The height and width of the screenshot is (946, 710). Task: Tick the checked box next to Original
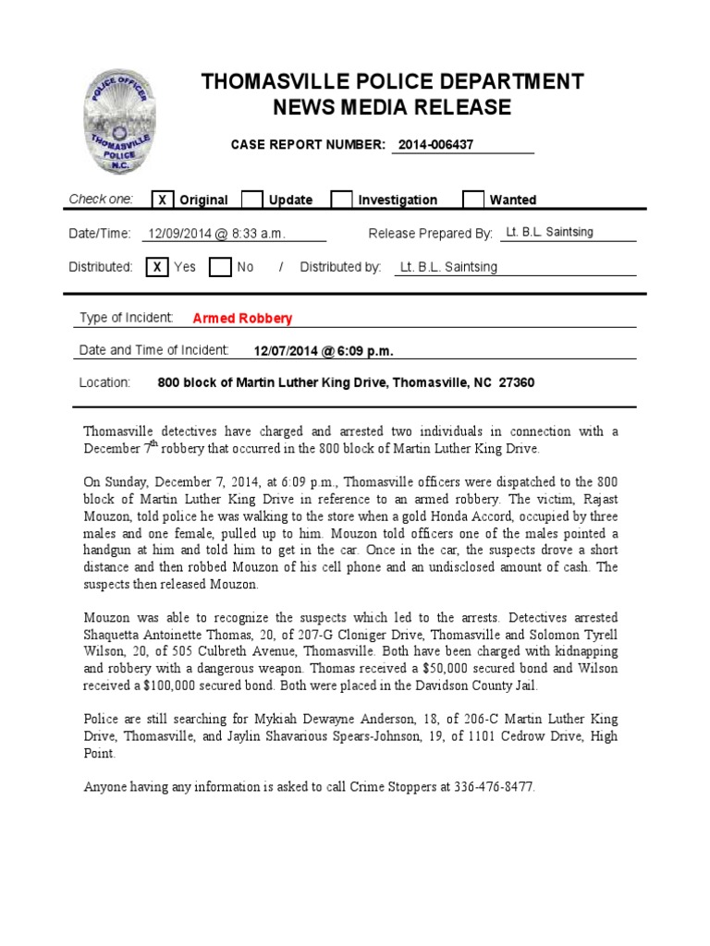[x=162, y=200]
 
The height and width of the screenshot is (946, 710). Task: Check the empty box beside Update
[x=251, y=200]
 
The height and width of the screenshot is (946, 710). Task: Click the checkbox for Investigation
[x=341, y=200]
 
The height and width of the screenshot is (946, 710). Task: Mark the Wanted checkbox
[x=472, y=200]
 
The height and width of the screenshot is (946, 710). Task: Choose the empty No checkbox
[x=219, y=267]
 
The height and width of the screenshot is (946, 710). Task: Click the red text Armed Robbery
[x=242, y=319]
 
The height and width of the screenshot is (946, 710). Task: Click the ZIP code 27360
[x=516, y=382]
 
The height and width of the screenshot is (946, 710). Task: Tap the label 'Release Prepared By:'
[x=430, y=234]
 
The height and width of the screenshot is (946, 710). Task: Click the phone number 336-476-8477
[x=492, y=787]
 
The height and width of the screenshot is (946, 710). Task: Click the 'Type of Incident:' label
[x=126, y=318]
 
